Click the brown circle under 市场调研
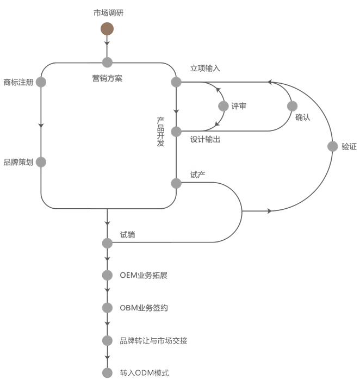point(107,28)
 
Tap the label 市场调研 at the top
point(108,13)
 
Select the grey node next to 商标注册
point(41,82)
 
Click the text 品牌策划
point(18,162)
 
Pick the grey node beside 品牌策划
point(41,162)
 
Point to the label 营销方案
point(107,78)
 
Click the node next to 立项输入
point(176,82)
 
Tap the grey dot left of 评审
point(222,106)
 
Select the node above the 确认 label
point(292,106)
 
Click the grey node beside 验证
point(332,146)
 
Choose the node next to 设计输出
point(176,131)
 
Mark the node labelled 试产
point(176,183)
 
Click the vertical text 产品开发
point(161,131)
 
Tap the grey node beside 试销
point(107,242)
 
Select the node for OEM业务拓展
point(107,275)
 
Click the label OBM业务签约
point(144,308)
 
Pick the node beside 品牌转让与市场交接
point(107,340)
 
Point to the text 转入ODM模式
point(145,373)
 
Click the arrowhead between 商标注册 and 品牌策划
point(41,124)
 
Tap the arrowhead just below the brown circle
point(107,42)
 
